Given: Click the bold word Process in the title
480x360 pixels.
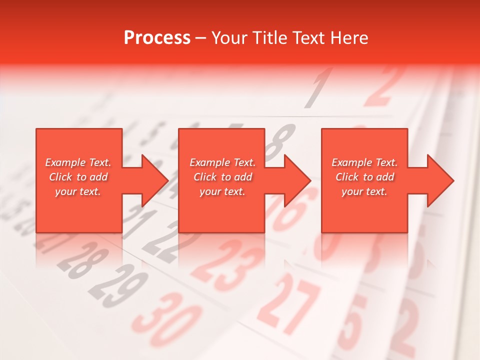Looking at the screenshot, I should click(157, 38).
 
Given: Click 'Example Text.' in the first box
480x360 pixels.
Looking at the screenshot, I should click(78, 162).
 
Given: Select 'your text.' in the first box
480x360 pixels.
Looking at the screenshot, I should click(78, 191).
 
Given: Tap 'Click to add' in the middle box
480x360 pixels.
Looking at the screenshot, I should click(222, 177).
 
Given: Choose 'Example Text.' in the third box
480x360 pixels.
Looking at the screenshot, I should click(364, 162).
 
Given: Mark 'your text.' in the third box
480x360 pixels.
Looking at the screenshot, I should click(364, 191).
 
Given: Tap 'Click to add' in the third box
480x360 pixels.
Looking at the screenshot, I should click(364, 177).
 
